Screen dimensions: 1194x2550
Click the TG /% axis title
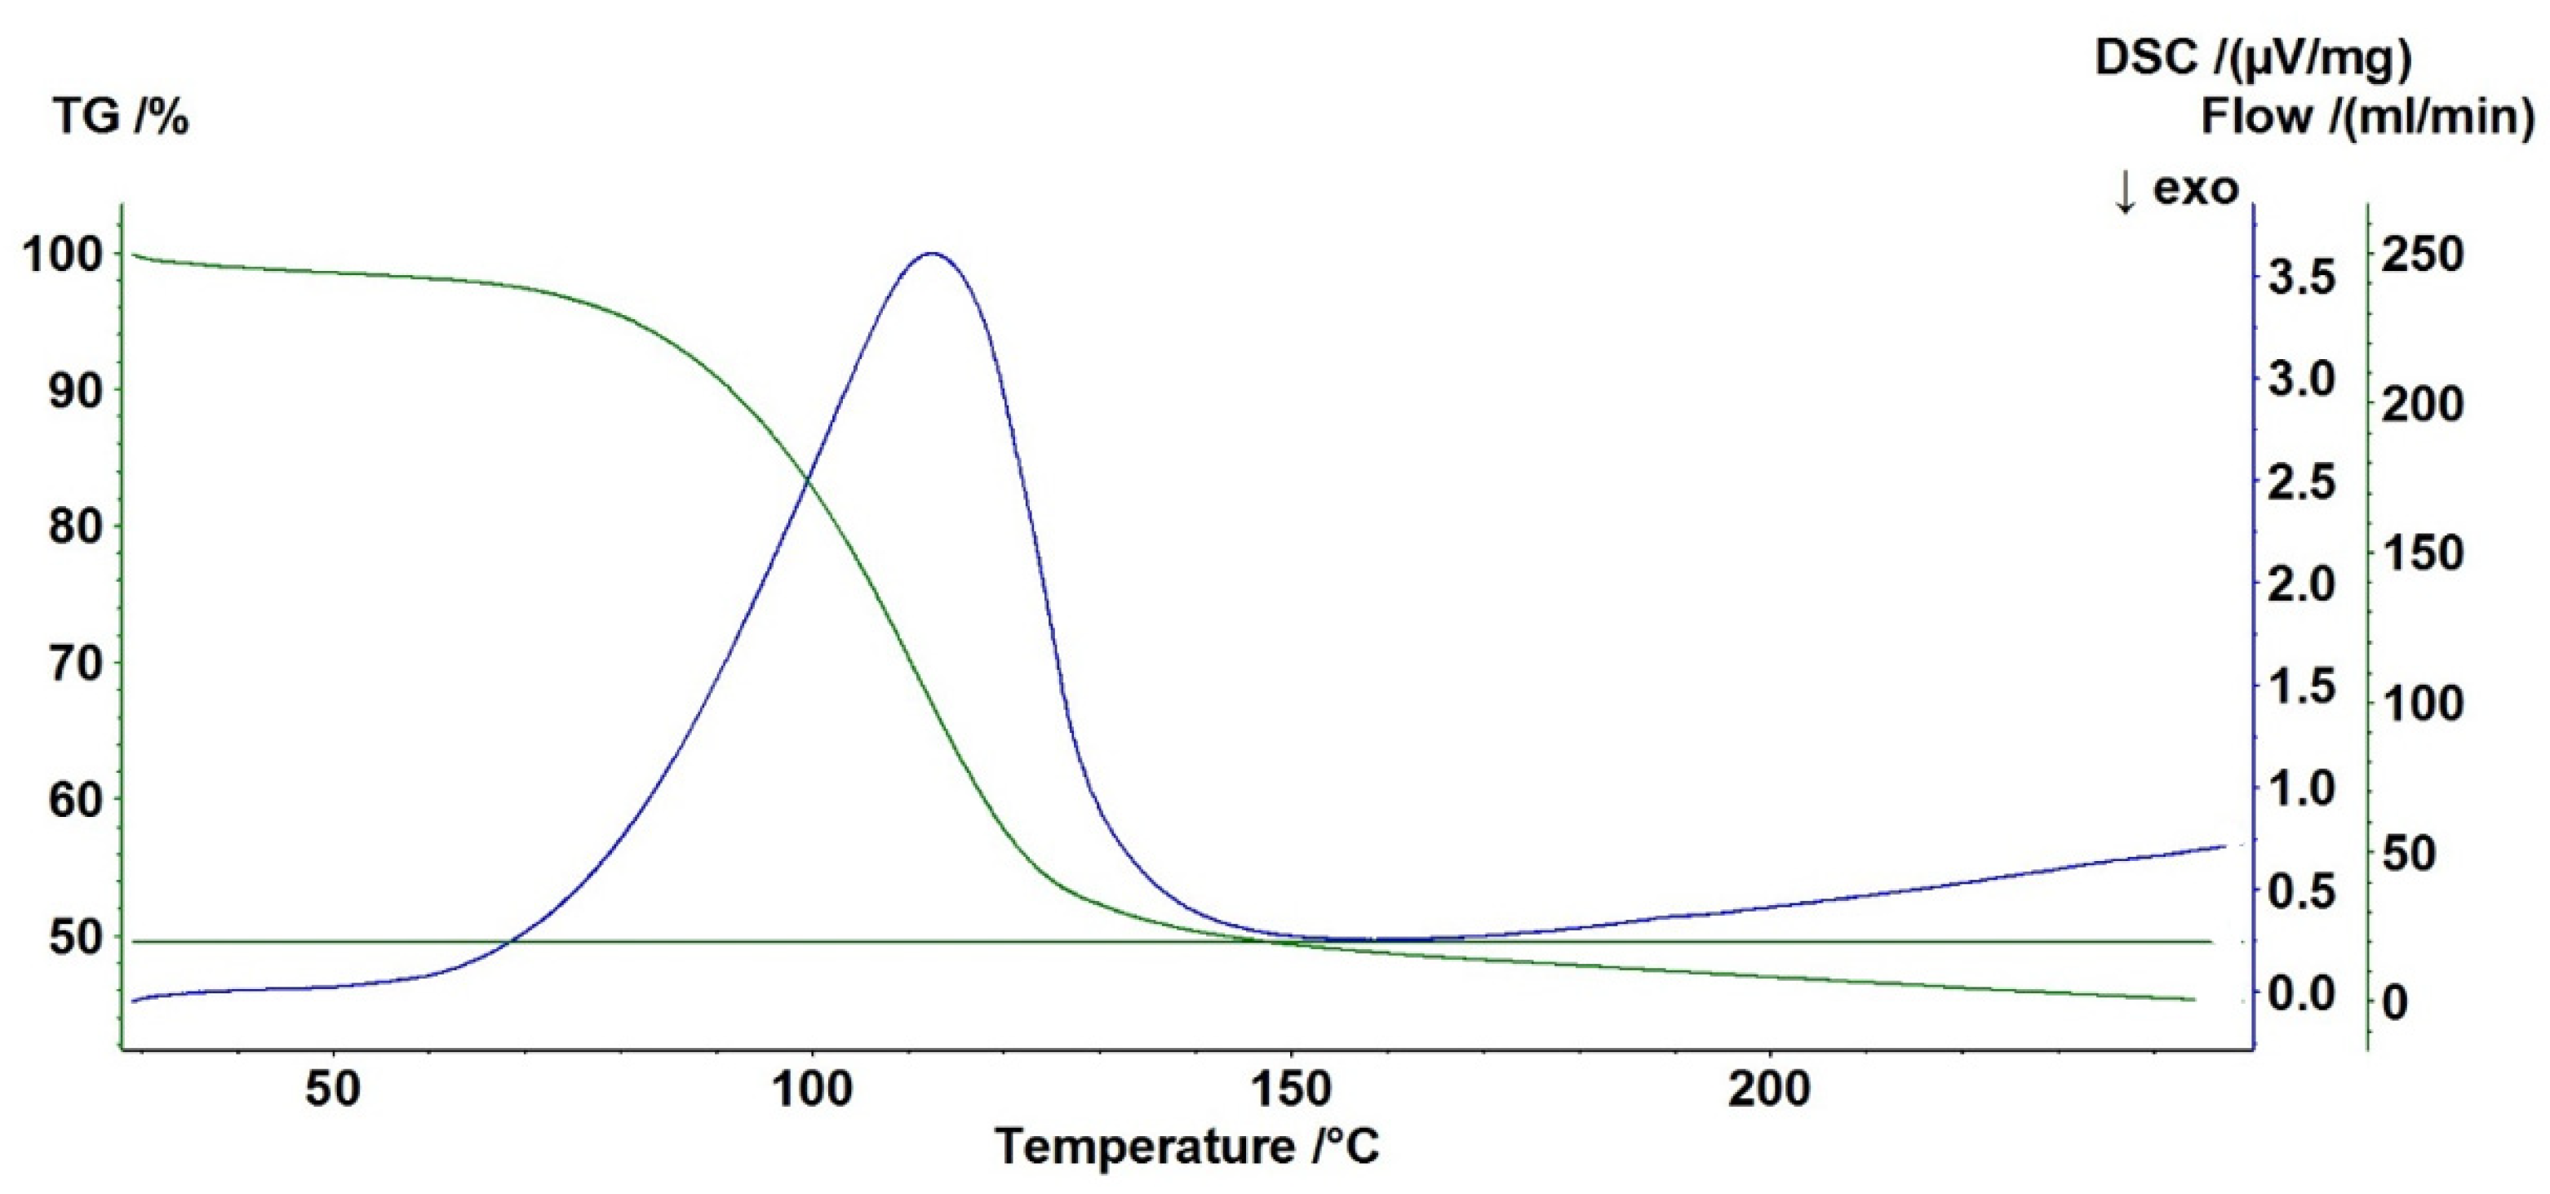(120, 118)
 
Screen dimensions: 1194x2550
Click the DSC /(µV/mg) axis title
(2253, 59)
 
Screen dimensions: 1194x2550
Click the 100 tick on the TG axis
(61, 255)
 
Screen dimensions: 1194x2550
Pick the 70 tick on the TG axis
(75, 664)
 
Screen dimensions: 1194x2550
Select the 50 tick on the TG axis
(75, 937)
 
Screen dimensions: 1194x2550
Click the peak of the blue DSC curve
(930, 254)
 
